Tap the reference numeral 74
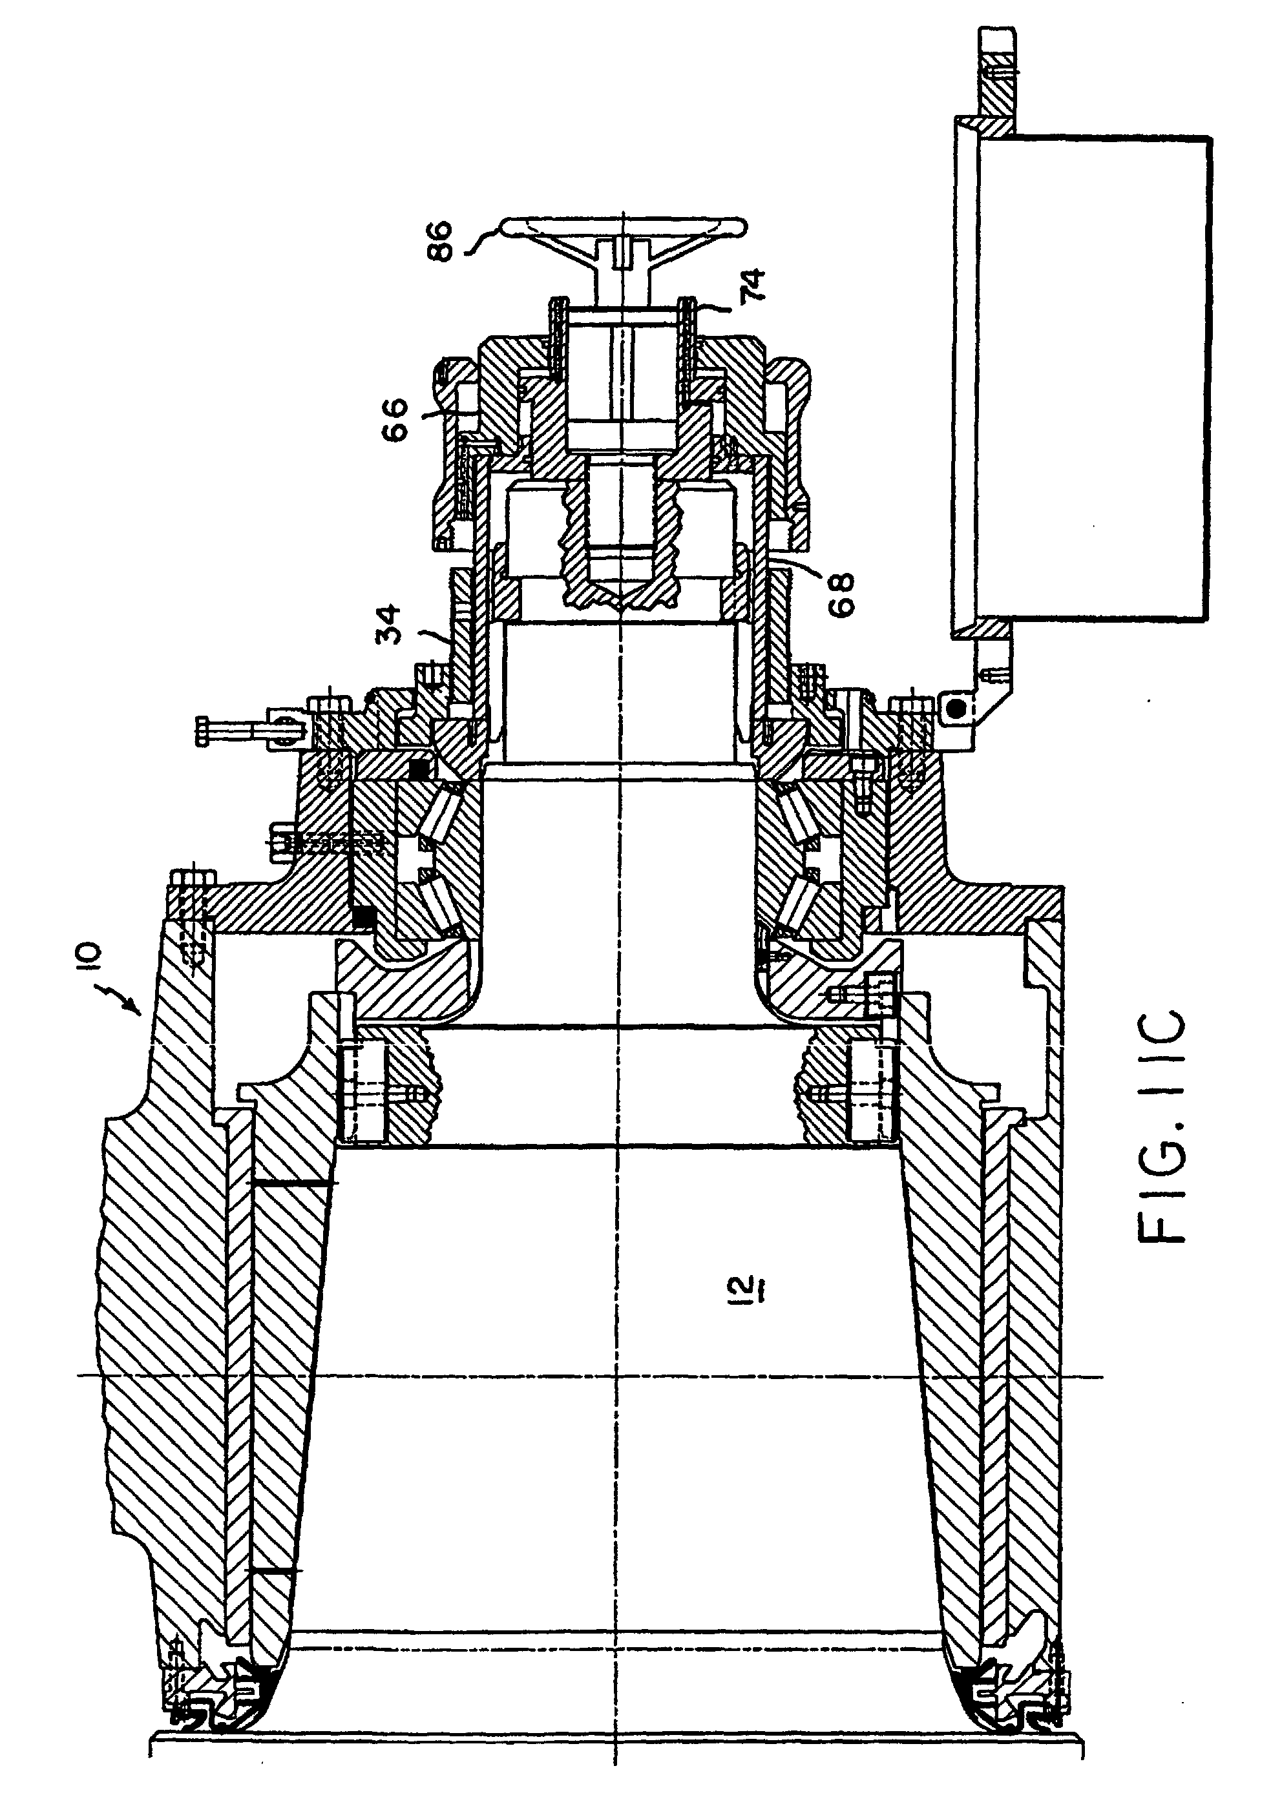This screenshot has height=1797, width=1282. point(752,288)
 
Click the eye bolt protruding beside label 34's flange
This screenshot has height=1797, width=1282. point(237,722)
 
